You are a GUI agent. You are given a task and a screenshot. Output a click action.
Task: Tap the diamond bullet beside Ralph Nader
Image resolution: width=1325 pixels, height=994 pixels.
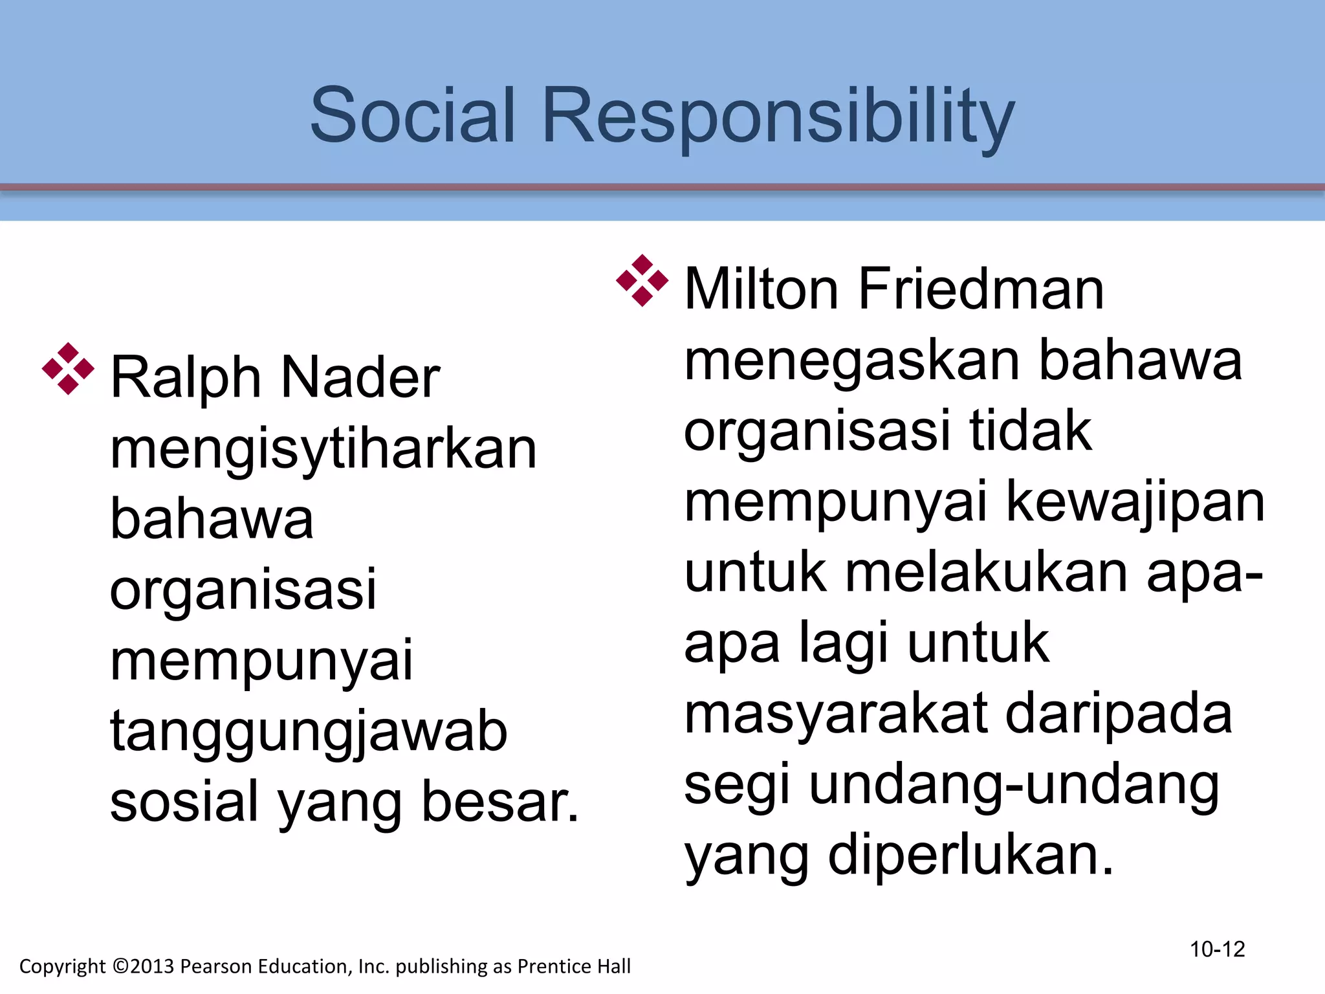pyautogui.click(x=68, y=369)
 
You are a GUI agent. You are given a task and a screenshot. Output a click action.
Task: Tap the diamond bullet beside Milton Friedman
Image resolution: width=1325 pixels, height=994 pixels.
pyautogui.click(x=642, y=280)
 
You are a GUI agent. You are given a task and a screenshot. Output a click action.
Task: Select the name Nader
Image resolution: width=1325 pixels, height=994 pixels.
pyautogui.click(x=360, y=378)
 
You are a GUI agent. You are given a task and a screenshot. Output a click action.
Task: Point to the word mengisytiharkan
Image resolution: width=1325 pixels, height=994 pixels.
pyautogui.click(x=323, y=450)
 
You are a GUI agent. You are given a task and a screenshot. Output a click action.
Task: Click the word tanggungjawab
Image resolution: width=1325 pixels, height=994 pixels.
pyautogui.click(x=309, y=732)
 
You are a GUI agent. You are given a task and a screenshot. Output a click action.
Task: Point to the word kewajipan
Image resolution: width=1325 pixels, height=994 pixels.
pyautogui.click(x=1135, y=502)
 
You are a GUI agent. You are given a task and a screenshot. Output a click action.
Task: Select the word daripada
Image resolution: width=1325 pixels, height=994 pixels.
pyautogui.click(x=1119, y=714)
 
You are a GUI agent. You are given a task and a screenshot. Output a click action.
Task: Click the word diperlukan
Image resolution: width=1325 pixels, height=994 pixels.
pyautogui.click(x=970, y=856)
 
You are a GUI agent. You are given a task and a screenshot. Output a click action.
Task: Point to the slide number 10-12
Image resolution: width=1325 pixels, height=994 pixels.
pyautogui.click(x=1217, y=949)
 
